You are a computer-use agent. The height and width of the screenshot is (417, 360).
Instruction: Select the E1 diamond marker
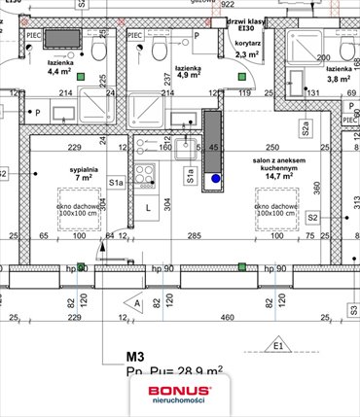(279, 345)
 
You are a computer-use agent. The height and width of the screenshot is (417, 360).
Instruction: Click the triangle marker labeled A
(138, 303)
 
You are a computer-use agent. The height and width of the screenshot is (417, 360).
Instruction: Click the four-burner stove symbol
(144, 176)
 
